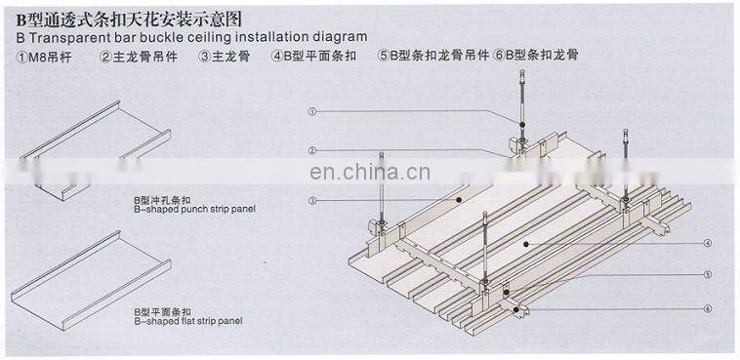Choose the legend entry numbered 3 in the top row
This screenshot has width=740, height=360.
[x=224, y=56]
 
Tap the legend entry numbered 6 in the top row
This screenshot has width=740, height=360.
[x=536, y=56]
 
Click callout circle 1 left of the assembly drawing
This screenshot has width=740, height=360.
[x=311, y=112]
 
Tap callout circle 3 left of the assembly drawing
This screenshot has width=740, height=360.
[x=311, y=200]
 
